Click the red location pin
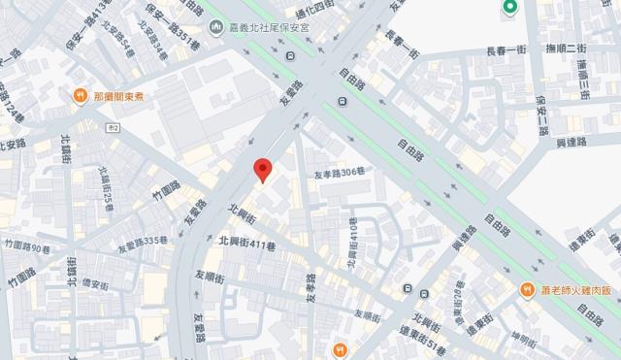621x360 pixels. tap(261, 168)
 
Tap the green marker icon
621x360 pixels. tap(508, 9)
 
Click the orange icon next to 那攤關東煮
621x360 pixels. tap(80, 95)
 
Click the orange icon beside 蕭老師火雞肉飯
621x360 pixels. tap(526, 290)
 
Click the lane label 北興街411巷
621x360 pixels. tap(247, 242)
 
